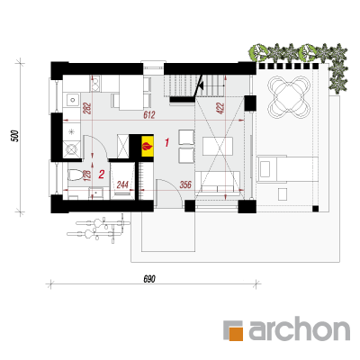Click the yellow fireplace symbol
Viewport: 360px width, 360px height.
[x=148, y=146]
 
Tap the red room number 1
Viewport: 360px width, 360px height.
[x=167, y=142]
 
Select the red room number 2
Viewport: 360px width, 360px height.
[x=102, y=175]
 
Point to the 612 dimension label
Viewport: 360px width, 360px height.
[x=148, y=115]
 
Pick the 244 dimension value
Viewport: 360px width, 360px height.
[x=122, y=184]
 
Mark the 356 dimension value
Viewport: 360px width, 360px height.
[x=185, y=184]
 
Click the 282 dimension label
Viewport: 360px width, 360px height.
[x=87, y=108]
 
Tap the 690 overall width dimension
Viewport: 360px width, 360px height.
[x=149, y=279]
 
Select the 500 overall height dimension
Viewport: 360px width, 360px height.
[x=15, y=136]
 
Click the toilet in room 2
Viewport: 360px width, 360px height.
[x=75, y=175]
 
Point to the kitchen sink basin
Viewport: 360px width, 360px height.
[x=72, y=100]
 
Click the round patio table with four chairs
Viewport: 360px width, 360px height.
[x=288, y=97]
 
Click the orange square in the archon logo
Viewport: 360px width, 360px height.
[x=236, y=333]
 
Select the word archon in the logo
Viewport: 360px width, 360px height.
[x=299, y=328]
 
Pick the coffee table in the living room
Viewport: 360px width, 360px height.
[x=218, y=146]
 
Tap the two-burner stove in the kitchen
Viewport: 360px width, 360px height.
[x=95, y=83]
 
